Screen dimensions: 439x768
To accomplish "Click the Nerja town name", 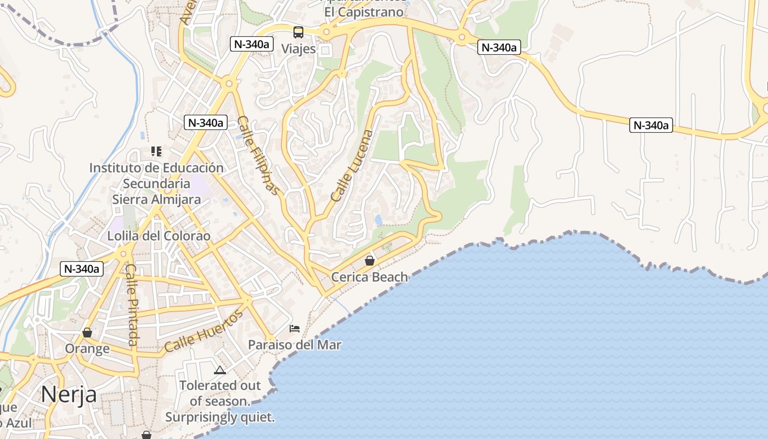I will click(69, 394).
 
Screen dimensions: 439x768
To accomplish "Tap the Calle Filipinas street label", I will click(259, 155).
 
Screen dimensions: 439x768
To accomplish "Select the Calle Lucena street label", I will click(352, 165).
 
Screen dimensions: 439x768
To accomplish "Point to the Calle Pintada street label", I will click(132, 305).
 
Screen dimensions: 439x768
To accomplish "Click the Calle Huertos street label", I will click(204, 331).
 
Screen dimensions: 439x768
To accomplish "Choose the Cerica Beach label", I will click(370, 277).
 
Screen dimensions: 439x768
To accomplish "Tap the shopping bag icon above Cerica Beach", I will click(370, 260).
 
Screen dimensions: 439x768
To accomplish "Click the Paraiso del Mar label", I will click(295, 345).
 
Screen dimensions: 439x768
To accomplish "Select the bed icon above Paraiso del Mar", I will click(295, 329).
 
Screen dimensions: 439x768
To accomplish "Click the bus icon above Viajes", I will click(298, 32).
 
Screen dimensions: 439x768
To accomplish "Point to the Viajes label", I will click(298, 49).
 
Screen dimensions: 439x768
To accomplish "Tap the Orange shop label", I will click(87, 349).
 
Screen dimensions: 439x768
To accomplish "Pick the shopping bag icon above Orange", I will click(87, 333).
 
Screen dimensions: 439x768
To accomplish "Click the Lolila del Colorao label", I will click(159, 236).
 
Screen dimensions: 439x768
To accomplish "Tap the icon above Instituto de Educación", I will click(156, 151).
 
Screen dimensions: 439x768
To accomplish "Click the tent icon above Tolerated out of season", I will click(220, 370).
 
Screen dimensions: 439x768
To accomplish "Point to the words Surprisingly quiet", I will click(220, 417).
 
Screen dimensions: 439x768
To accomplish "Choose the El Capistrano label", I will click(364, 12).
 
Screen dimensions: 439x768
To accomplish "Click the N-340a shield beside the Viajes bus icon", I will click(252, 44).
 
